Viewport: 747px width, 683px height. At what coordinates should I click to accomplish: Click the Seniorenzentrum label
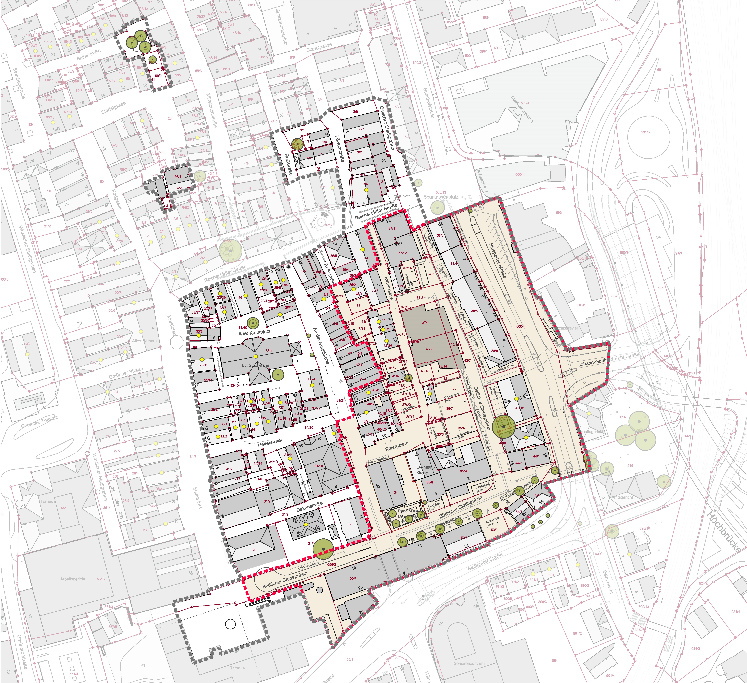(469, 663)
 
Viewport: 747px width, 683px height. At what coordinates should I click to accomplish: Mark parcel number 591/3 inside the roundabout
(645, 132)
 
